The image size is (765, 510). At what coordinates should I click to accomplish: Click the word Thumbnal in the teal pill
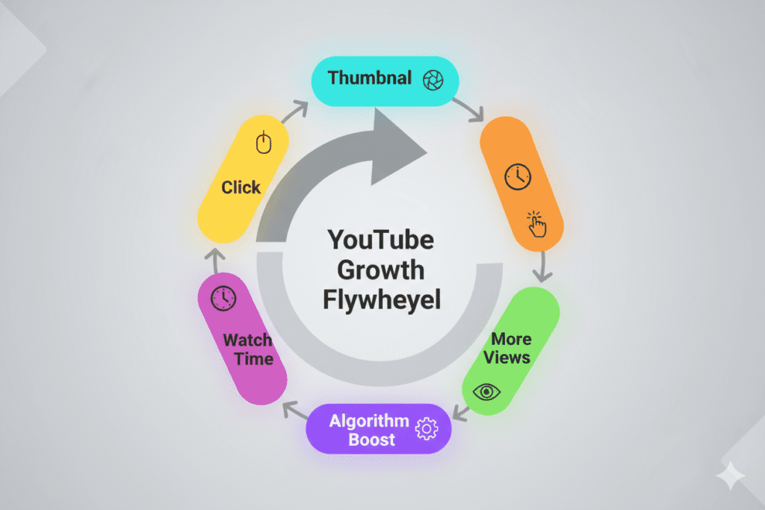pyautogui.click(x=371, y=78)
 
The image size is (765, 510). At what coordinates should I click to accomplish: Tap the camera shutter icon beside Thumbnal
pyautogui.click(x=433, y=80)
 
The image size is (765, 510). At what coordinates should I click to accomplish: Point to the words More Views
pyautogui.click(x=507, y=348)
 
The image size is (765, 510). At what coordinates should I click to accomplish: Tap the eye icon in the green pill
pyautogui.click(x=488, y=391)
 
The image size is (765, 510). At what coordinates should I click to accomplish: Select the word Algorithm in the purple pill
pyautogui.click(x=369, y=420)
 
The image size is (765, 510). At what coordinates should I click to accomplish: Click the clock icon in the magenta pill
pyautogui.click(x=222, y=299)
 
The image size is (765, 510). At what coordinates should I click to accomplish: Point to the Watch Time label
pyautogui.click(x=249, y=349)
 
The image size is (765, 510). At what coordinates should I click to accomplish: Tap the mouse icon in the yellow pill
pyautogui.click(x=263, y=142)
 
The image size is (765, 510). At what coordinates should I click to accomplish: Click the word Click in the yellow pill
pyautogui.click(x=241, y=187)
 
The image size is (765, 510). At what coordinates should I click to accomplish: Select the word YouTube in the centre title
pyautogui.click(x=381, y=242)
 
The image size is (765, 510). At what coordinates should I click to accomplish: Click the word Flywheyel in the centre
pyautogui.click(x=382, y=299)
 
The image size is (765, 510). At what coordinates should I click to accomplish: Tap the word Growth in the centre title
pyautogui.click(x=382, y=270)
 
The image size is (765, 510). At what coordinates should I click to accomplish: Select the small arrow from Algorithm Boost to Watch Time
pyautogui.click(x=294, y=412)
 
